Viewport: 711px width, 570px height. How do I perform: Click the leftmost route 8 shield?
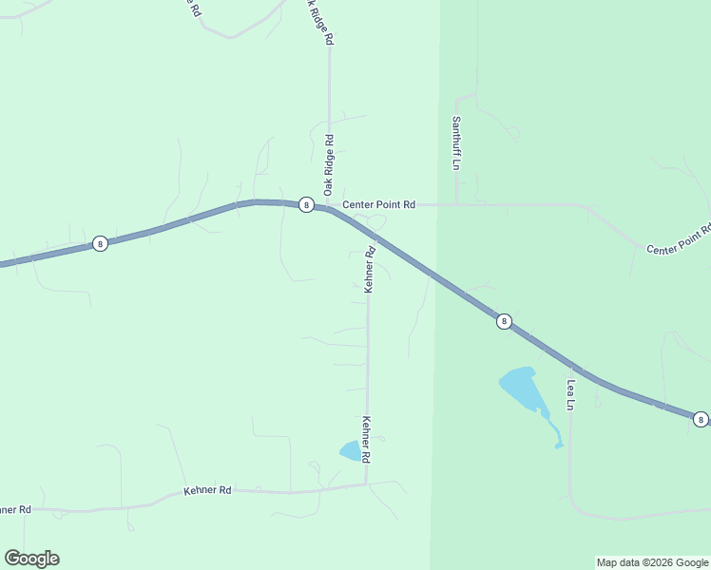click(100, 243)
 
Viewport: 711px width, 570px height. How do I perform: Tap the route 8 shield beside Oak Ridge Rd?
click(306, 204)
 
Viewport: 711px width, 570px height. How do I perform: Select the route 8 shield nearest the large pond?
click(505, 322)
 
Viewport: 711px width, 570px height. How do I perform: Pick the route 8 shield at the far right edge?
click(701, 419)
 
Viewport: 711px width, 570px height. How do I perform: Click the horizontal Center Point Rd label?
click(379, 204)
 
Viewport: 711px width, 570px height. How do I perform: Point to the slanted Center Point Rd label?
click(679, 240)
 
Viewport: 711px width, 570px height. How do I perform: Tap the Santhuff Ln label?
click(456, 142)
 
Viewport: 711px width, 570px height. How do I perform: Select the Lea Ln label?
click(571, 395)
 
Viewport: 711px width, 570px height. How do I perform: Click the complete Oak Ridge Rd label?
click(329, 164)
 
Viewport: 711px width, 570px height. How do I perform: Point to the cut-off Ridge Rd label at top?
click(319, 22)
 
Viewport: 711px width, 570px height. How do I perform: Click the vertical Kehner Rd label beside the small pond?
click(366, 439)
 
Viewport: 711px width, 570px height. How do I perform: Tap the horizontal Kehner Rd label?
click(207, 490)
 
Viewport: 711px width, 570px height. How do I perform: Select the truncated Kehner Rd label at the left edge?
click(14, 510)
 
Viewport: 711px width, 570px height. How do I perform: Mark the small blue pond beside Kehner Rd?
click(351, 451)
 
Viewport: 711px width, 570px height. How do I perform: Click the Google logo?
click(31, 559)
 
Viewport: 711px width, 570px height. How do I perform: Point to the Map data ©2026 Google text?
click(652, 562)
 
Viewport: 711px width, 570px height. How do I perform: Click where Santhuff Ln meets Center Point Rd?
click(457, 204)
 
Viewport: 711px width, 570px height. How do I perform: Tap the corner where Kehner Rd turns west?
click(367, 484)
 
